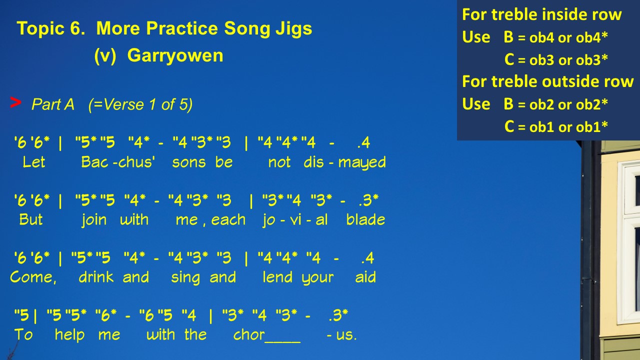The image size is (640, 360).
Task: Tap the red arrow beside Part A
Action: point(15,102)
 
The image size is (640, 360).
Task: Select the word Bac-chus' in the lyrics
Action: point(118,162)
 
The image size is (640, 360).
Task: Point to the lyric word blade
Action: point(365,219)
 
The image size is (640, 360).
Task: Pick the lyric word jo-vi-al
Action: point(295,220)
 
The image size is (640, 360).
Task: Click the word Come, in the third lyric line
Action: point(33,277)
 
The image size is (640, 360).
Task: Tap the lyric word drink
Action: point(96,276)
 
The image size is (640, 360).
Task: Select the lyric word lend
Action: point(277,276)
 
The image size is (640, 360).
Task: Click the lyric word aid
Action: point(365,276)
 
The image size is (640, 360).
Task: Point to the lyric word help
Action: point(69,334)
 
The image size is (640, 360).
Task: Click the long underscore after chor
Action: point(282,341)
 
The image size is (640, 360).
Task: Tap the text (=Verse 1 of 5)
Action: point(140,104)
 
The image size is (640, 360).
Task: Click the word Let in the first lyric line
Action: point(33,162)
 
